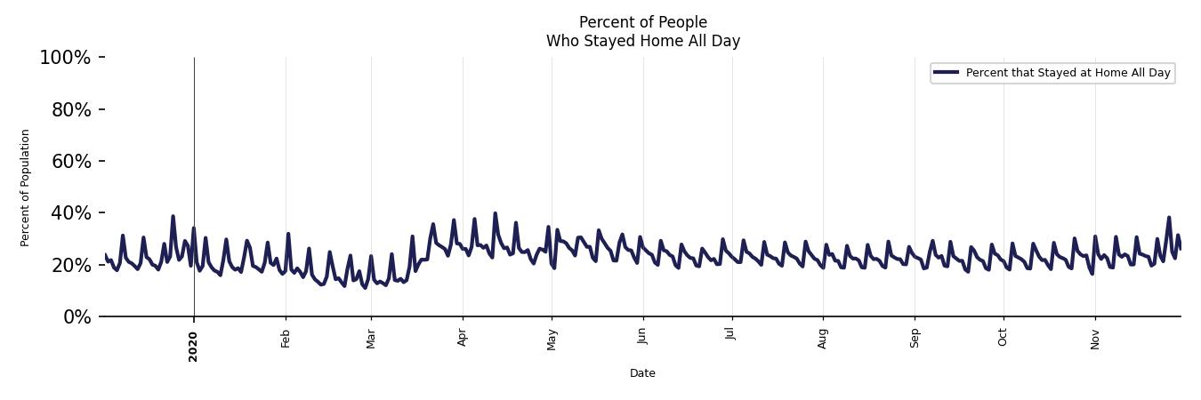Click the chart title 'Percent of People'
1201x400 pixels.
click(x=642, y=22)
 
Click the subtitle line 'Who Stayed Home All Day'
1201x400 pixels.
click(x=642, y=41)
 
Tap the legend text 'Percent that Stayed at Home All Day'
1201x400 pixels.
click(x=1068, y=73)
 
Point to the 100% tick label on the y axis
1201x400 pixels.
click(x=65, y=58)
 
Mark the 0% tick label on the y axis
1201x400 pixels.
click(x=77, y=317)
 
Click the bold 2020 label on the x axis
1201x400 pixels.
click(x=194, y=346)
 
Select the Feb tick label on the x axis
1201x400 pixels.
click(x=286, y=338)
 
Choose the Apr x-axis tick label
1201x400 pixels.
click(x=462, y=338)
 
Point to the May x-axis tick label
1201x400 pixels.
click(x=552, y=339)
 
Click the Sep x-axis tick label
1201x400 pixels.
click(x=914, y=338)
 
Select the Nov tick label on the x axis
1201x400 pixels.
click(x=1095, y=339)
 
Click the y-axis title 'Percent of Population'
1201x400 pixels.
click(x=26, y=188)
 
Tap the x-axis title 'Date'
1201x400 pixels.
click(x=642, y=373)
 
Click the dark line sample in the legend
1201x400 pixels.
click(x=947, y=73)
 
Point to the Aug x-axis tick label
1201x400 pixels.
click(x=823, y=339)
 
